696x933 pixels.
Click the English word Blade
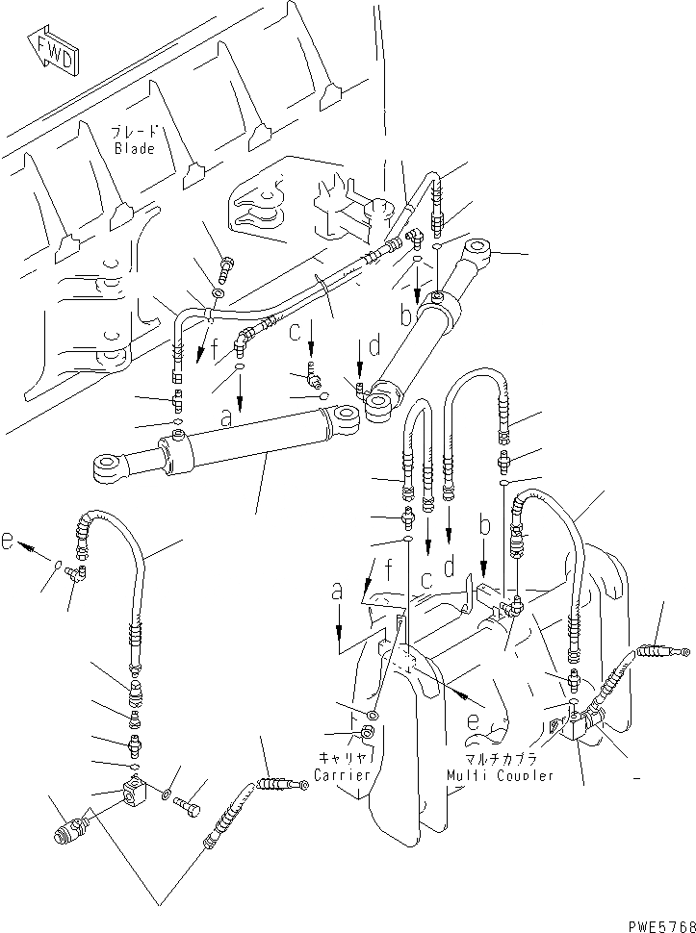point(135,149)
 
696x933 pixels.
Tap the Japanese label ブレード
point(135,133)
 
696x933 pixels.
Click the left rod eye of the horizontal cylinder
point(108,468)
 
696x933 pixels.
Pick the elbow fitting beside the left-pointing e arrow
point(76,574)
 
